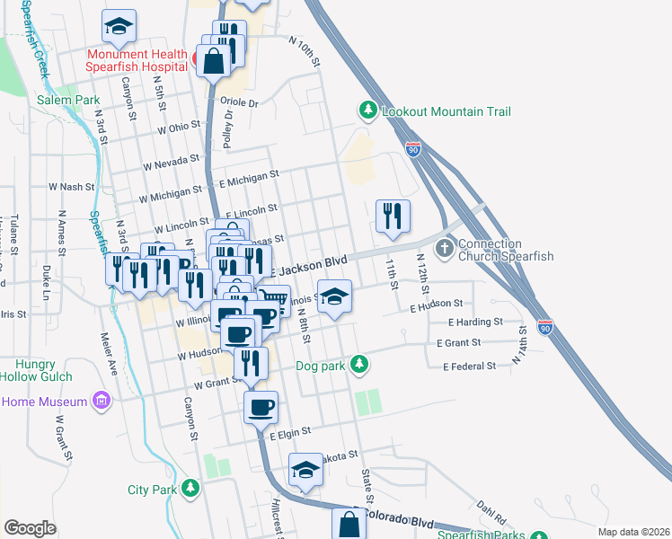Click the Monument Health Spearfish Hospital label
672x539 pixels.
pyautogui.click(x=137, y=60)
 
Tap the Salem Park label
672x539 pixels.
pyautogui.click(x=68, y=100)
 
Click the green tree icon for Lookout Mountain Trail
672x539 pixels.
pyautogui.click(x=367, y=110)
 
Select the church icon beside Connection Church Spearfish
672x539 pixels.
pyautogui.click(x=444, y=247)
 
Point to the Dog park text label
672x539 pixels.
pyautogui.click(x=319, y=366)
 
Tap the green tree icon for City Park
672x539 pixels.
pyautogui.click(x=190, y=488)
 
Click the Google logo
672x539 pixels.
pyautogui.click(x=30, y=528)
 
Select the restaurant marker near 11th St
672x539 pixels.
pyautogui.click(x=393, y=216)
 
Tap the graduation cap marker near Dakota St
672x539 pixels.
pyautogui.click(x=305, y=471)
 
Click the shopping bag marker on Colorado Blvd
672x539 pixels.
pyautogui.click(x=349, y=525)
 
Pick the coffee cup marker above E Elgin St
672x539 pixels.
pyautogui.click(x=261, y=407)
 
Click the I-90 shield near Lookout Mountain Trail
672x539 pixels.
pyautogui.click(x=413, y=148)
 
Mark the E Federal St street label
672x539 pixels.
pyautogui.click(x=469, y=366)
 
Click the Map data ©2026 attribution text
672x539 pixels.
pyautogui.click(x=632, y=532)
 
